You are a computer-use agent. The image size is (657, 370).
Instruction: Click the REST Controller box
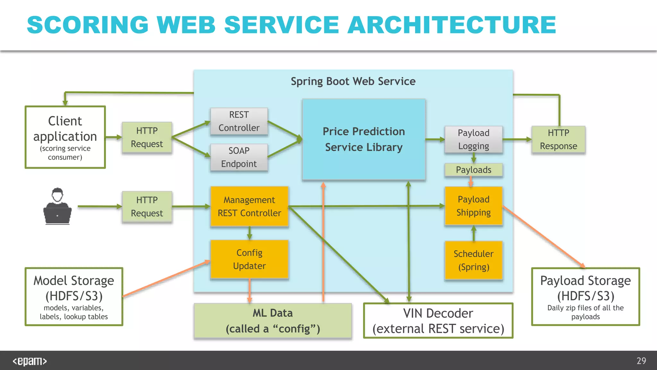coord(239,121)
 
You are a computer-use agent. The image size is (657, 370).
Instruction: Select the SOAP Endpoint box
coord(239,157)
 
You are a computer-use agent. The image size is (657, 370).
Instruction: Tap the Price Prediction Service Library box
coord(364,139)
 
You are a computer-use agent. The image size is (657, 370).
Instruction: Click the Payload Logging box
coord(474,139)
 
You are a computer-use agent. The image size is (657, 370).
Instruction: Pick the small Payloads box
coord(474,170)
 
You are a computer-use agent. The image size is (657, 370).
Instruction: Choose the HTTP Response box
coord(558,139)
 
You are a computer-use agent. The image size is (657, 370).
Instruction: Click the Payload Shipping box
coord(474,206)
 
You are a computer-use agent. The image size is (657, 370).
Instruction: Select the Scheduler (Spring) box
coord(474,260)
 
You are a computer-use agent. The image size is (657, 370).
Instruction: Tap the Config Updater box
coord(249,259)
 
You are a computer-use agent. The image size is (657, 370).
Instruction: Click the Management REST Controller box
coord(249,207)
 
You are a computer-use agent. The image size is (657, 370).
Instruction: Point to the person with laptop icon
coord(57,206)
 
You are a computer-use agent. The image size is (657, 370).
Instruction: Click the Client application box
coord(65,137)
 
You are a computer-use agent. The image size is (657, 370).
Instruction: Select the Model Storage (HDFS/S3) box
coord(74,297)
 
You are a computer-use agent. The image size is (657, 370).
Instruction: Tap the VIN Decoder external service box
coord(438,321)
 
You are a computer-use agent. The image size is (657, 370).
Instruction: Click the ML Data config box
coord(273,321)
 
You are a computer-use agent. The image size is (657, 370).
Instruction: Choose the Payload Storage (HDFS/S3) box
coord(585,297)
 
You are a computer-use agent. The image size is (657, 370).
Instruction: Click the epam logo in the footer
coord(30,361)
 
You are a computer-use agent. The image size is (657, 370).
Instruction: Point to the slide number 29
coord(641,361)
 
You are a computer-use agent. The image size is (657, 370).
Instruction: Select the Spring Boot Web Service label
coord(353,82)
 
